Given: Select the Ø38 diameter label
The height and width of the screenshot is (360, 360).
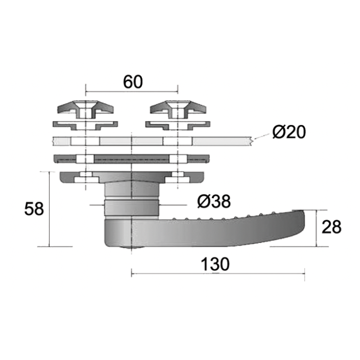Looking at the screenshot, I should [x=214, y=202].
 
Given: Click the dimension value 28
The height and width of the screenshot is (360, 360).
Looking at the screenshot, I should [x=331, y=227].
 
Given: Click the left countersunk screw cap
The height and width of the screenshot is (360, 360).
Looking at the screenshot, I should [x=85, y=109].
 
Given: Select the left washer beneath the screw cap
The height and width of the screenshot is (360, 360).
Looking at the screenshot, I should [x=85, y=124].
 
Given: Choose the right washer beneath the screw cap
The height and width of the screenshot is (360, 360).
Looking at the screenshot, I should [x=178, y=124].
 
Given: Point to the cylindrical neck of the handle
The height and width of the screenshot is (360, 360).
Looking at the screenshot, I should [x=132, y=199].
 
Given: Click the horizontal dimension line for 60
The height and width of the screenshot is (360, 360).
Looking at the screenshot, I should [x=132, y=92].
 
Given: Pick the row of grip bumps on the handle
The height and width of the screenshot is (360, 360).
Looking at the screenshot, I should [x=225, y=215].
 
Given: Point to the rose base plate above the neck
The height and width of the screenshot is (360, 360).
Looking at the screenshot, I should [x=132, y=177].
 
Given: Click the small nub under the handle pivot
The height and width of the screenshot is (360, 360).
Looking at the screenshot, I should [x=132, y=249].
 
